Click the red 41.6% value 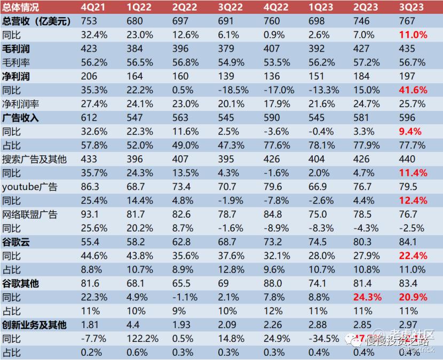tap(413, 90)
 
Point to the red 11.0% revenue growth tap(413, 35)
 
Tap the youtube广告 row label tap(29, 187)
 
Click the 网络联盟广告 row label tap(29, 214)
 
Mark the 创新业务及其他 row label tap(34, 325)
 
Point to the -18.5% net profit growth tap(234, 90)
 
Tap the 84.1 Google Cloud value tap(408, 242)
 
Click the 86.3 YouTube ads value tap(91, 187)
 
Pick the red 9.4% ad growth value tap(410, 132)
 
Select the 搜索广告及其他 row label tap(34, 159)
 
